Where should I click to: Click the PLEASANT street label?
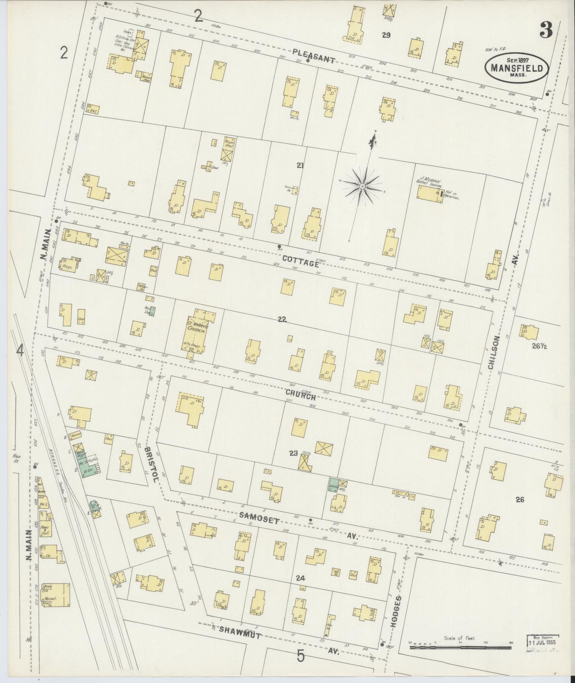tap(314, 56)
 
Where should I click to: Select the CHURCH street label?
tap(300, 395)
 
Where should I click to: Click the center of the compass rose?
tap(363, 186)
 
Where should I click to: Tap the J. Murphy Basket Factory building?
tap(430, 192)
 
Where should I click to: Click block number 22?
tap(282, 319)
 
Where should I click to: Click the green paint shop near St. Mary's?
tap(152, 311)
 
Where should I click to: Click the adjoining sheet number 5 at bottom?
tap(301, 656)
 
